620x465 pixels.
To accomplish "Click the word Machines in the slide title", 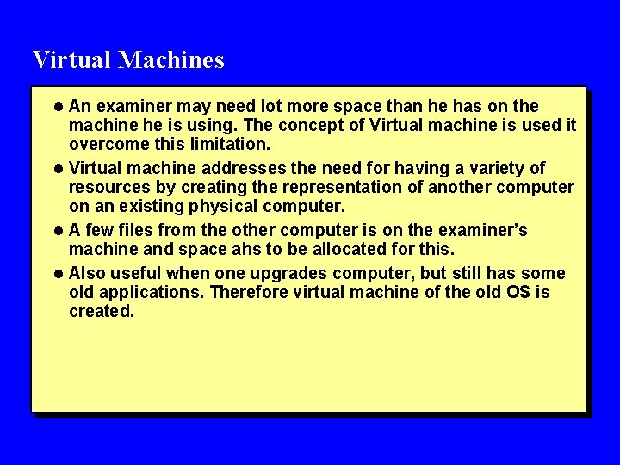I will [x=171, y=60].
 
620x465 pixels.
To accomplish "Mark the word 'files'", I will [x=143, y=231].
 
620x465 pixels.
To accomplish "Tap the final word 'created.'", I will [x=102, y=312].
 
